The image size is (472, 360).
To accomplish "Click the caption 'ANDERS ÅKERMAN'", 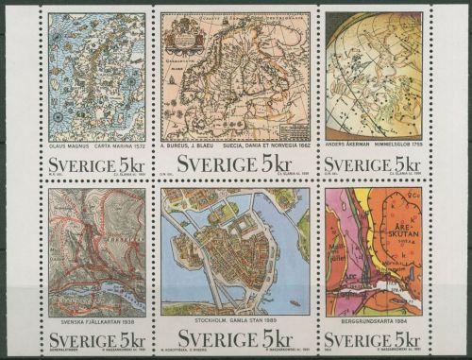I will [x=353, y=143].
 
